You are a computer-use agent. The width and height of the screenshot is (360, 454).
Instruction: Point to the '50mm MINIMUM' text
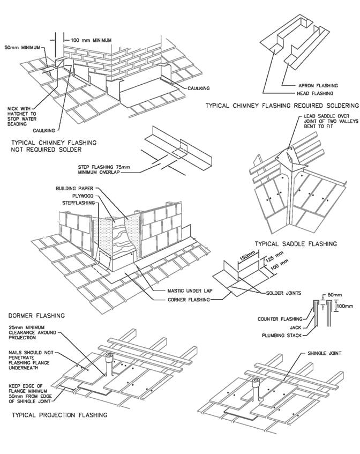[21, 48]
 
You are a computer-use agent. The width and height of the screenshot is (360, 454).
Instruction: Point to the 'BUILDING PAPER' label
[75, 189]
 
